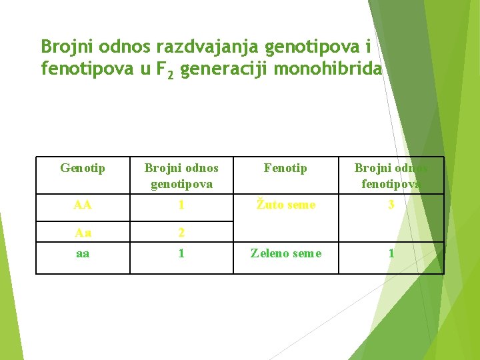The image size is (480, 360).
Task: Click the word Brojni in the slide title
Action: (65, 47)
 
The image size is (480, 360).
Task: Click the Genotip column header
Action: (83, 169)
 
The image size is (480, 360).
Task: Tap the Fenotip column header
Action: (285, 169)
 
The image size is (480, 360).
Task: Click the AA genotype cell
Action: (83, 205)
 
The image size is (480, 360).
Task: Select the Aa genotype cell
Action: (83, 232)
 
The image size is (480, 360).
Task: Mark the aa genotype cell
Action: (83, 253)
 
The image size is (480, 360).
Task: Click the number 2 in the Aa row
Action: (181, 232)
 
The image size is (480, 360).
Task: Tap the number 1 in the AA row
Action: (181, 205)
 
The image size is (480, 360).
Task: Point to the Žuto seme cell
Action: (285, 205)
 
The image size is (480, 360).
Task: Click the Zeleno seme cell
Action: (285, 253)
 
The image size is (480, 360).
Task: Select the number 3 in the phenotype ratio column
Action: (391, 205)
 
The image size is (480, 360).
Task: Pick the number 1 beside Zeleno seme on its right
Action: (391, 253)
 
